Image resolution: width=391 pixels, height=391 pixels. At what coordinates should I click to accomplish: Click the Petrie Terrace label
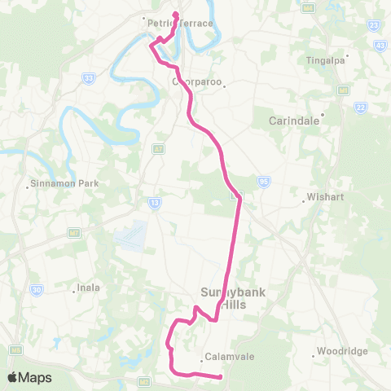tap(180, 24)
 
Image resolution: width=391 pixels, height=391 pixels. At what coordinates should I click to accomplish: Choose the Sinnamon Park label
tap(64, 183)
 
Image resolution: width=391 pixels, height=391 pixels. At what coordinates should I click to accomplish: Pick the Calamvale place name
tap(225, 355)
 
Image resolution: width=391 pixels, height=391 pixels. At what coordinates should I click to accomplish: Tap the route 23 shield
tap(373, 25)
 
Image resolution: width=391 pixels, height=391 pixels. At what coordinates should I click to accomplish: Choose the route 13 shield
tap(153, 201)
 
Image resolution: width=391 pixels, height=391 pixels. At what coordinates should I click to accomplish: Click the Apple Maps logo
tap(29, 377)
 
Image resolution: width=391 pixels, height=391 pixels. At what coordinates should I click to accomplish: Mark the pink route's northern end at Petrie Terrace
tap(176, 14)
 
